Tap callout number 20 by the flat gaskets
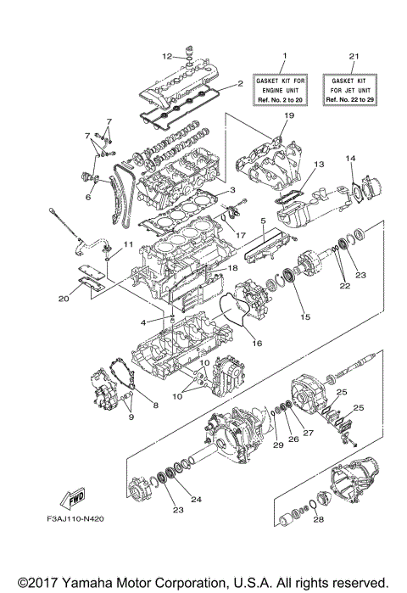pyautogui.click(x=64, y=298)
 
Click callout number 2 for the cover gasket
pyautogui.click(x=240, y=83)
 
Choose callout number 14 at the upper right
pyautogui.click(x=349, y=158)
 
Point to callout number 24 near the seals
pyautogui.click(x=196, y=500)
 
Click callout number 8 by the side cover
pyautogui.click(x=155, y=406)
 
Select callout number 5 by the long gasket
pyautogui.click(x=264, y=221)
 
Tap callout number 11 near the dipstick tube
pyautogui.click(x=129, y=244)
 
